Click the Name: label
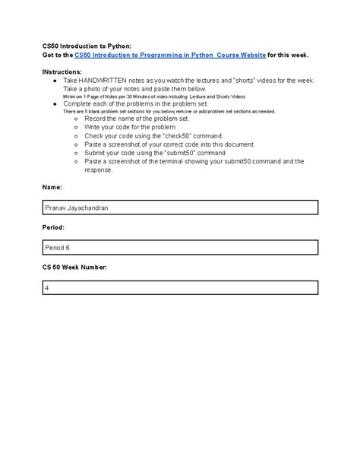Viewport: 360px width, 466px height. pos(52,186)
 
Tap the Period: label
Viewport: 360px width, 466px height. pos(54,227)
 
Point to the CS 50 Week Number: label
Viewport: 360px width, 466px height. pos(74,268)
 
